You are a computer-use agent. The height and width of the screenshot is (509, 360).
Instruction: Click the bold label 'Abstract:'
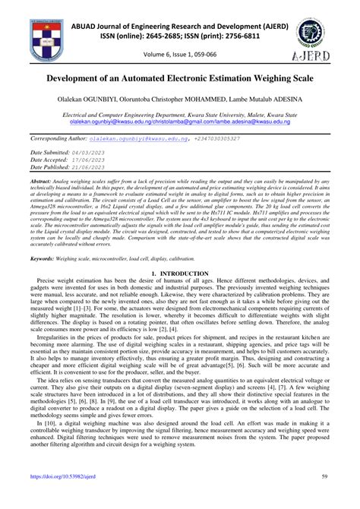point(43,183)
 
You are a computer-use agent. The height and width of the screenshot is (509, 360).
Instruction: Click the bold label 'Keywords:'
point(45,259)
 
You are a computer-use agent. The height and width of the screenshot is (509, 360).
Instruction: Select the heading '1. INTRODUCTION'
point(180,272)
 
